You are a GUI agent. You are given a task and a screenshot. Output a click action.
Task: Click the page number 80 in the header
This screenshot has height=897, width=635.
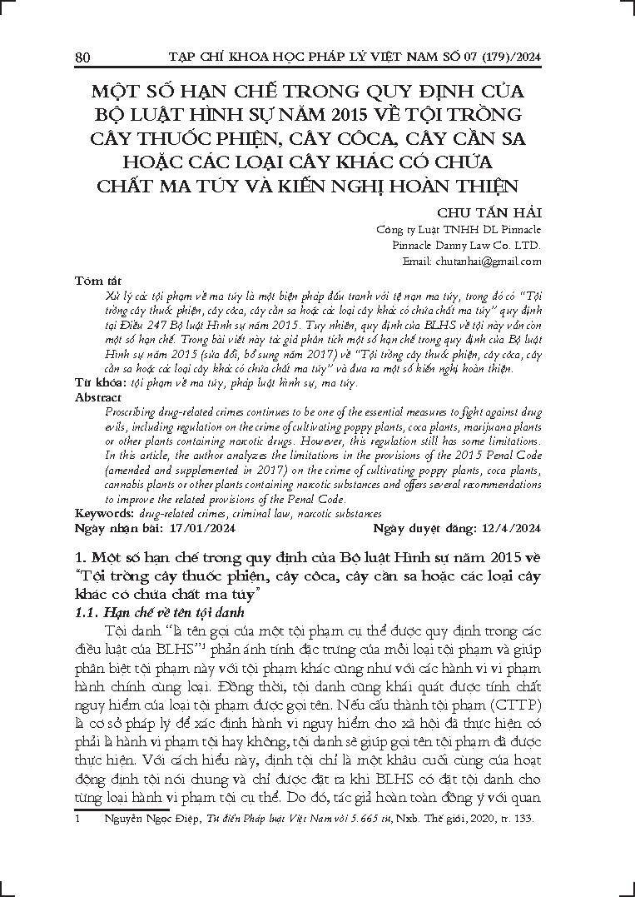(82, 57)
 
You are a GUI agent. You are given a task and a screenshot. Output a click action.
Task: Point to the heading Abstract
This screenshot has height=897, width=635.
(97, 397)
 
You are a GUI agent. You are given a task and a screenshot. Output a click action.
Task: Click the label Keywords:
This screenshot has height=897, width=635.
(102, 514)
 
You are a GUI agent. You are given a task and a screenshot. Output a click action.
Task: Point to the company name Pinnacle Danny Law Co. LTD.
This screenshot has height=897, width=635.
(467, 245)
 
